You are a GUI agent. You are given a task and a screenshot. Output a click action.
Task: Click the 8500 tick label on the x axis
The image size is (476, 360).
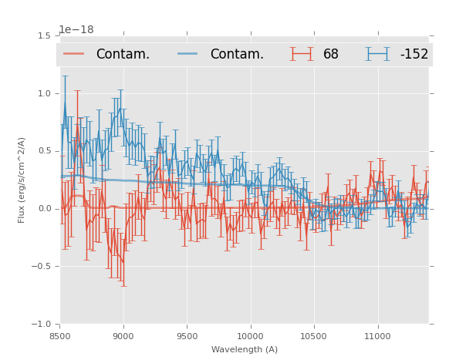[60, 336]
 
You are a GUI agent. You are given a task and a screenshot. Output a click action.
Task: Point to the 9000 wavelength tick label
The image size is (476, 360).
[123, 336]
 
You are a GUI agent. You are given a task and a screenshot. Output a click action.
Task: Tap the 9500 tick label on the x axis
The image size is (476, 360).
[187, 336]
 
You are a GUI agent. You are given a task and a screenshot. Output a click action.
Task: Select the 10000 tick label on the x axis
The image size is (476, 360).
[250, 336]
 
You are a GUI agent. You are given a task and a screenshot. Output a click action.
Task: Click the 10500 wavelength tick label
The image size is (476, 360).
[313, 336]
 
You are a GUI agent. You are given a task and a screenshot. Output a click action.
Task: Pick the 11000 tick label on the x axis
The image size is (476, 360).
[377, 336]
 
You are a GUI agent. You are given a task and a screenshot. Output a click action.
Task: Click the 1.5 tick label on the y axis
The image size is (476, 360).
[44, 35]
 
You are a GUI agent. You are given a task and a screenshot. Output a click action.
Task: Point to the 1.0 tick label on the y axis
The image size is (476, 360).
[44, 93]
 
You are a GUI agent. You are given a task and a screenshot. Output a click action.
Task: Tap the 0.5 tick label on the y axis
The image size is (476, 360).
[44, 151]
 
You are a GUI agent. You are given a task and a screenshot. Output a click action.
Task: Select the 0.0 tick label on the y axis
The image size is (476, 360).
[44, 209]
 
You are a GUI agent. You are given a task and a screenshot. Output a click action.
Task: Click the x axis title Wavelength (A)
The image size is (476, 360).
[245, 350]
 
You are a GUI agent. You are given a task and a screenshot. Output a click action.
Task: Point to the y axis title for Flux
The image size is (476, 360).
[22, 180]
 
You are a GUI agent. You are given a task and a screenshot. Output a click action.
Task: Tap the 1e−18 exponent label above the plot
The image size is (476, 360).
[76, 30]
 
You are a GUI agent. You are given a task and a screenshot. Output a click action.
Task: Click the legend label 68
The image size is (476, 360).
[331, 55]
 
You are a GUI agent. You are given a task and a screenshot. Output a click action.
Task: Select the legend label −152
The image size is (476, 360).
[414, 55]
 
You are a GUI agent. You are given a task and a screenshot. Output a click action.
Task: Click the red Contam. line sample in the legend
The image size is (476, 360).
[75, 54]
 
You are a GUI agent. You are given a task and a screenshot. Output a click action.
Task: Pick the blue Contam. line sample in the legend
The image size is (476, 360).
[188, 54]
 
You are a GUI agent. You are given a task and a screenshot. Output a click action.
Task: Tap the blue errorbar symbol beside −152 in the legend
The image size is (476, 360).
[378, 54]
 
